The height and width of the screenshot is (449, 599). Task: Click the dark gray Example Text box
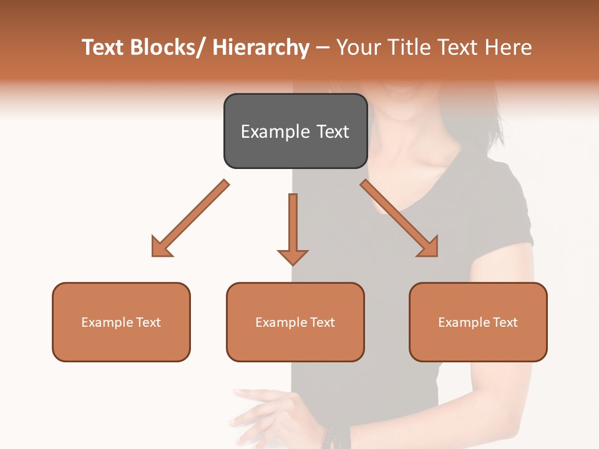click(295, 131)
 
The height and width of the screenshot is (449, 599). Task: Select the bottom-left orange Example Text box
click(121, 322)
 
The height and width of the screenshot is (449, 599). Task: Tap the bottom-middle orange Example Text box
click(295, 322)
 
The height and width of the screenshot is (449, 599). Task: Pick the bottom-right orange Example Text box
click(478, 322)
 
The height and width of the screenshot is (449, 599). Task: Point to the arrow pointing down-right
click(399, 218)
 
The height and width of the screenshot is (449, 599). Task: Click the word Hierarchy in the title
click(261, 48)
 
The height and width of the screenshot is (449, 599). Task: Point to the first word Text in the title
click(104, 48)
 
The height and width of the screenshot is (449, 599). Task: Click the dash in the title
click(323, 48)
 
